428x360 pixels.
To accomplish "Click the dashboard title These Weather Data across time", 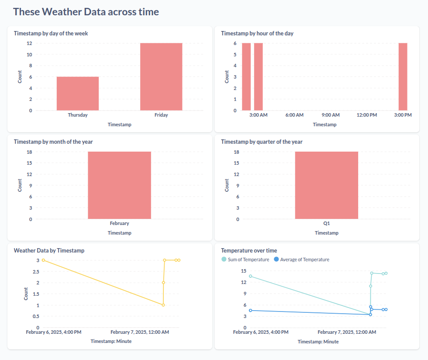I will [x=86, y=12].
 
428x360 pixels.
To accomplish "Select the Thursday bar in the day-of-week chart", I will [x=78, y=93].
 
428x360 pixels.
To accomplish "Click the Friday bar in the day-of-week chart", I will [x=161, y=76].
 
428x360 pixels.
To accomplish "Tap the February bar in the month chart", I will [x=119, y=185].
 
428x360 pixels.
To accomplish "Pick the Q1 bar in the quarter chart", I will [x=326, y=185].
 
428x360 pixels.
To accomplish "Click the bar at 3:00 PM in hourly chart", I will [x=403, y=76].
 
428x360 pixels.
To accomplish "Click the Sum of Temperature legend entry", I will [x=248, y=260].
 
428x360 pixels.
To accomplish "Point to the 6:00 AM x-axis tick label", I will [x=294, y=115].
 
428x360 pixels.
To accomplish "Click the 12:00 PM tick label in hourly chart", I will [x=366, y=115].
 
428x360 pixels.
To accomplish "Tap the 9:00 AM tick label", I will [x=331, y=115].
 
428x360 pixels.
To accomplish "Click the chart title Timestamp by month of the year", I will [x=53, y=142].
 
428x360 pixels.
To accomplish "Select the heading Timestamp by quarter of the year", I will [x=262, y=142].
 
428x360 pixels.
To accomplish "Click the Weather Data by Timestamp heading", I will [x=49, y=250].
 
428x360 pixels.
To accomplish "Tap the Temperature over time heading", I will [x=249, y=250].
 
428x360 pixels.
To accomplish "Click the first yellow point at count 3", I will [x=43, y=260].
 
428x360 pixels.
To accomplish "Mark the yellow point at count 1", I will [x=163, y=305].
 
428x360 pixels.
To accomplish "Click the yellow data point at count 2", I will [x=163, y=283].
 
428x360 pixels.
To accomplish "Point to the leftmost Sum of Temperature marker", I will [x=250, y=276].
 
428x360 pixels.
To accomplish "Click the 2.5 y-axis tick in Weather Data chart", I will [x=35, y=271].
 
